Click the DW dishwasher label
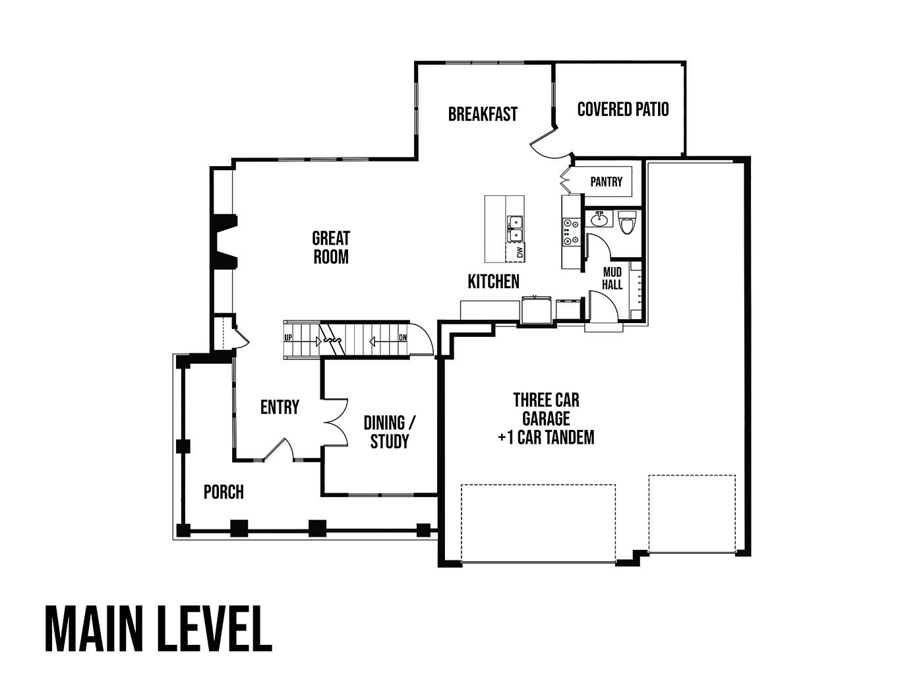click(x=520, y=253)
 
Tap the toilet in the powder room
click(x=627, y=222)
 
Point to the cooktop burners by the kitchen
click(x=571, y=231)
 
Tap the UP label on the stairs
click(x=288, y=338)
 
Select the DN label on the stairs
click(x=402, y=338)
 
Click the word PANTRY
click(x=606, y=182)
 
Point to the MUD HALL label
click(x=612, y=278)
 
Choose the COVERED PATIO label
click(x=623, y=109)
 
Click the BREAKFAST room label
click(x=483, y=114)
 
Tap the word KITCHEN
click(x=493, y=282)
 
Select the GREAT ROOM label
click(x=331, y=248)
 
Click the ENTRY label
click(x=280, y=407)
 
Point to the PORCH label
click(x=223, y=492)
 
